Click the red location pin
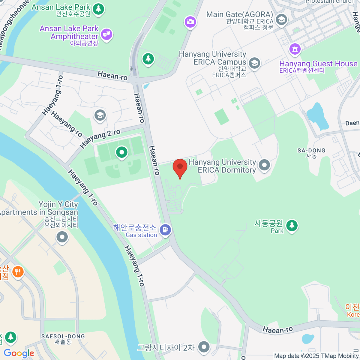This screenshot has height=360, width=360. (180, 167)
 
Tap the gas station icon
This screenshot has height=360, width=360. (165, 230)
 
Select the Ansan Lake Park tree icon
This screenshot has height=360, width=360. (98, 9)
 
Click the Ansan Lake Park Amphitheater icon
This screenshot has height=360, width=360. (106, 34)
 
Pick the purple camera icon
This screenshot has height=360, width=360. (190, 22)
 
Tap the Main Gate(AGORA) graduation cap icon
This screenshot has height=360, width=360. (281, 19)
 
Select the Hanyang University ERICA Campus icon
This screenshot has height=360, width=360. (254, 63)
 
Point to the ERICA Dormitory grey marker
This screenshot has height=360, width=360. (264, 165)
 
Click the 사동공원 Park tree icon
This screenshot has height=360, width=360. (292, 226)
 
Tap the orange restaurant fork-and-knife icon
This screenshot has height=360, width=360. (18, 272)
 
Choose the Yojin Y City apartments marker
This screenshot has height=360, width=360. (62, 237)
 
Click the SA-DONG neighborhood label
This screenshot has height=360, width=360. (311, 153)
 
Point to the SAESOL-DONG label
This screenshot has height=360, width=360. (63, 339)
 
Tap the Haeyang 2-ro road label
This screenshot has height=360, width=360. (100, 139)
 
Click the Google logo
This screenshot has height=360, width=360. (19, 353)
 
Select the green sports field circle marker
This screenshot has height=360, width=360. (122, 152)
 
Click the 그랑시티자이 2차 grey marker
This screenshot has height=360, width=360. (204, 347)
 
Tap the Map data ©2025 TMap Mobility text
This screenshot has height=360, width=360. (316, 356)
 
